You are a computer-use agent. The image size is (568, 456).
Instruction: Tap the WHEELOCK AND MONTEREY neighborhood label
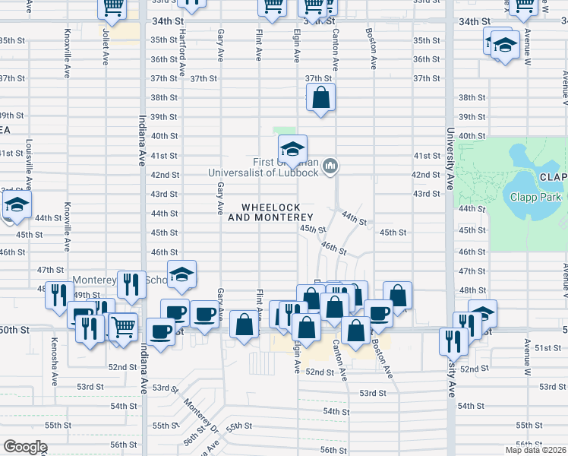[271, 212]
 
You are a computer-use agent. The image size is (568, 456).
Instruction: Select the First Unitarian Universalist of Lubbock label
[263, 166]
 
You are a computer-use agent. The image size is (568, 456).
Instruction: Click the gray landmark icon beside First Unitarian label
[330, 165]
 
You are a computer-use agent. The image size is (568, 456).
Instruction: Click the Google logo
[24, 447]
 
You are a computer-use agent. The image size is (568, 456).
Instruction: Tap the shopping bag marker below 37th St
[321, 98]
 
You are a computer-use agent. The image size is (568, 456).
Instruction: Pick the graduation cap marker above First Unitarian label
[292, 147]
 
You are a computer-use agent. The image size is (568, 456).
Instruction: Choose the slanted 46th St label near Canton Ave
[333, 248]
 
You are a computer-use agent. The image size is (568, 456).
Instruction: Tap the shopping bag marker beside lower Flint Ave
[244, 325]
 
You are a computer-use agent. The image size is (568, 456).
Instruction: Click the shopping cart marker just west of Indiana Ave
[124, 327]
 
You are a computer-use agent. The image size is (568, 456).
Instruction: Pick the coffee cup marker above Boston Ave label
[378, 312]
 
